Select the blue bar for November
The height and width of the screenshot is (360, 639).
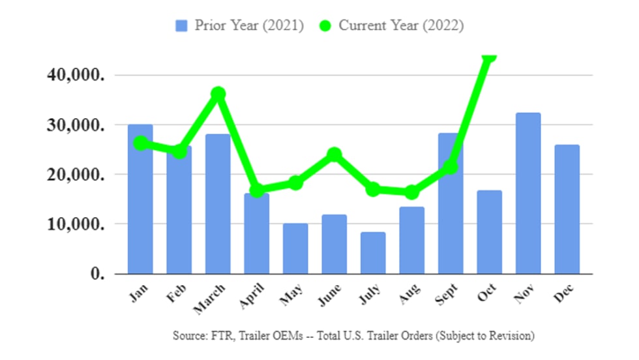[528, 193]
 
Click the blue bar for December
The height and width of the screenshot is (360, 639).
[567, 209]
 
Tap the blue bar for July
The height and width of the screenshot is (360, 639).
[373, 252]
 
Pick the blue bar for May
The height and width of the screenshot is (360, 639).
[295, 248]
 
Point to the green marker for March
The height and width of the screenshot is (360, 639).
[218, 94]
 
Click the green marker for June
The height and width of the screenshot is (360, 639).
[334, 155]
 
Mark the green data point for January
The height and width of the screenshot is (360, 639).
[140, 143]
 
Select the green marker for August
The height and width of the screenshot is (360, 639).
[411, 192]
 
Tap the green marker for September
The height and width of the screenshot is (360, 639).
[450, 167]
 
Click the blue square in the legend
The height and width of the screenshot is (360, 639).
[182, 25]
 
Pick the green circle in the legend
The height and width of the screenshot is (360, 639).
[326, 25]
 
